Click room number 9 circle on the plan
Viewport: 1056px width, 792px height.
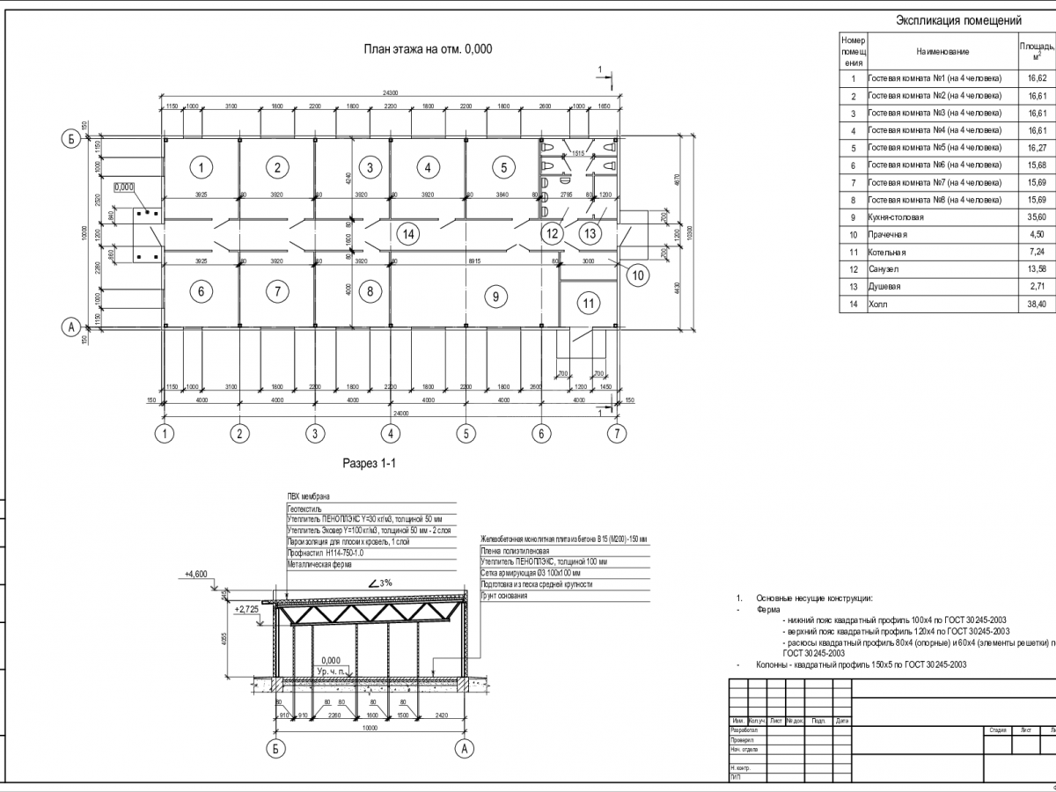pyautogui.click(x=496, y=297)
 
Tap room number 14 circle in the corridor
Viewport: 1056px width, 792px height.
pyautogui.click(x=406, y=233)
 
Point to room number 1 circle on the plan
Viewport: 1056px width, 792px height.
pyautogui.click(x=202, y=167)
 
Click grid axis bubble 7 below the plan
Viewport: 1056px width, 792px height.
pyautogui.click(x=620, y=433)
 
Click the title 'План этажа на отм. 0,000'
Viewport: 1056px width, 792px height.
pyautogui.click(x=428, y=49)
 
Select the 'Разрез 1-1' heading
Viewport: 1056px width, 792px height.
pyautogui.click(x=370, y=463)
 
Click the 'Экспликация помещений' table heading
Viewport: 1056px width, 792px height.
pyautogui.click(x=957, y=20)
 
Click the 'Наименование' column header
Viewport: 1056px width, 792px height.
pyautogui.click(x=942, y=53)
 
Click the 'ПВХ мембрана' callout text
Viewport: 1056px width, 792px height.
pyautogui.click(x=305, y=496)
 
